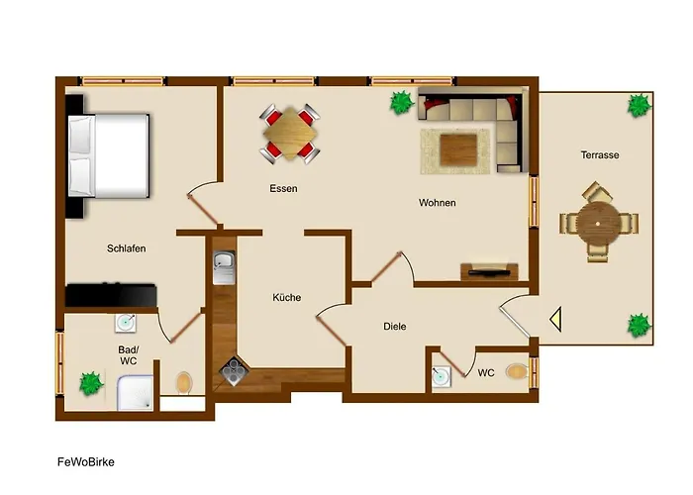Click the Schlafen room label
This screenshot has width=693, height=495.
point(126,248)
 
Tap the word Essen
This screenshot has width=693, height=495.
point(283,189)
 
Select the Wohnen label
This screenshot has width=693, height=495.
point(438,203)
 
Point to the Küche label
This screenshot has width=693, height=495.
point(287,297)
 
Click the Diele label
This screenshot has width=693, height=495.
point(395,327)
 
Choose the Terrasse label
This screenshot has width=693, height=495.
point(600,155)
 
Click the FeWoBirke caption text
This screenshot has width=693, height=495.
point(86,462)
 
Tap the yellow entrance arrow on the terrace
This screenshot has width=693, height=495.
point(555,319)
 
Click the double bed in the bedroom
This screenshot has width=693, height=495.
point(109,156)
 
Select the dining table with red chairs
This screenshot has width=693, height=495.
point(289,134)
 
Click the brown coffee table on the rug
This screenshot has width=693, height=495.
point(458,150)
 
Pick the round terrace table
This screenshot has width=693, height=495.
point(598,223)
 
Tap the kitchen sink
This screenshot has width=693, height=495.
point(224,267)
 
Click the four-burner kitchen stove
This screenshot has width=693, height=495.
point(235,370)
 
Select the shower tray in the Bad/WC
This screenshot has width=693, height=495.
point(136,392)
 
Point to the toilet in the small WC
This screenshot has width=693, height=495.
point(517,371)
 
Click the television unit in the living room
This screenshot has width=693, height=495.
point(489,271)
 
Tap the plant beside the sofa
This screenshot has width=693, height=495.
point(402,103)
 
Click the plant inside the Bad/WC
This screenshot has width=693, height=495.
point(91,384)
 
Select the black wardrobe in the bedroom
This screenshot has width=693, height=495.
point(111,295)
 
